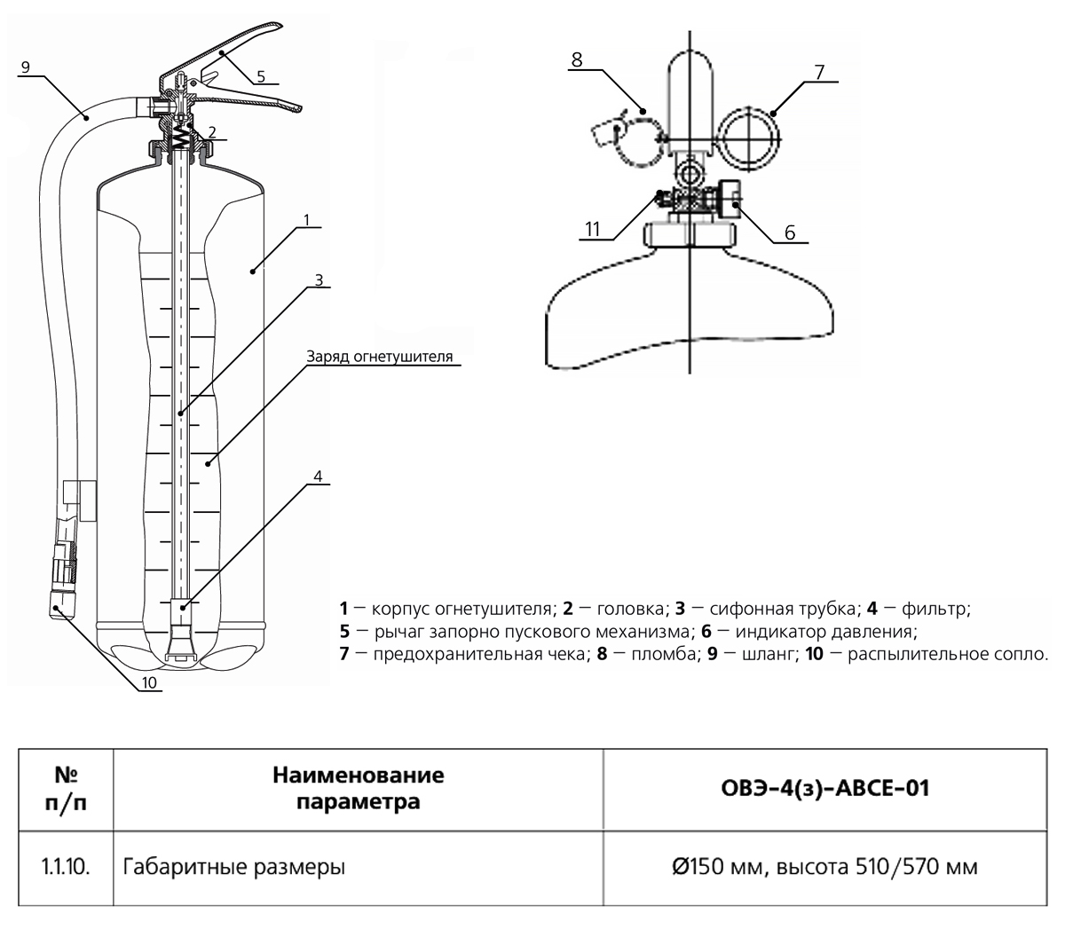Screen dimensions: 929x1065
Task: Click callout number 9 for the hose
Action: [x=24, y=67]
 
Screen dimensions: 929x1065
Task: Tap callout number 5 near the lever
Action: [x=261, y=76]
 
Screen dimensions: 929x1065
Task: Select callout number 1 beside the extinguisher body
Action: [x=305, y=219]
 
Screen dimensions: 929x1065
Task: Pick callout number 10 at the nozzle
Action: [x=149, y=682]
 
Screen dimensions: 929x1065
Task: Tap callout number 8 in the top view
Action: [x=577, y=60]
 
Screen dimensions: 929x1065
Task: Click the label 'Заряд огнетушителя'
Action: [x=380, y=357]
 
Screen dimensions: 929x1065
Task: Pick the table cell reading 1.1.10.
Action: [x=66, y=866]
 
